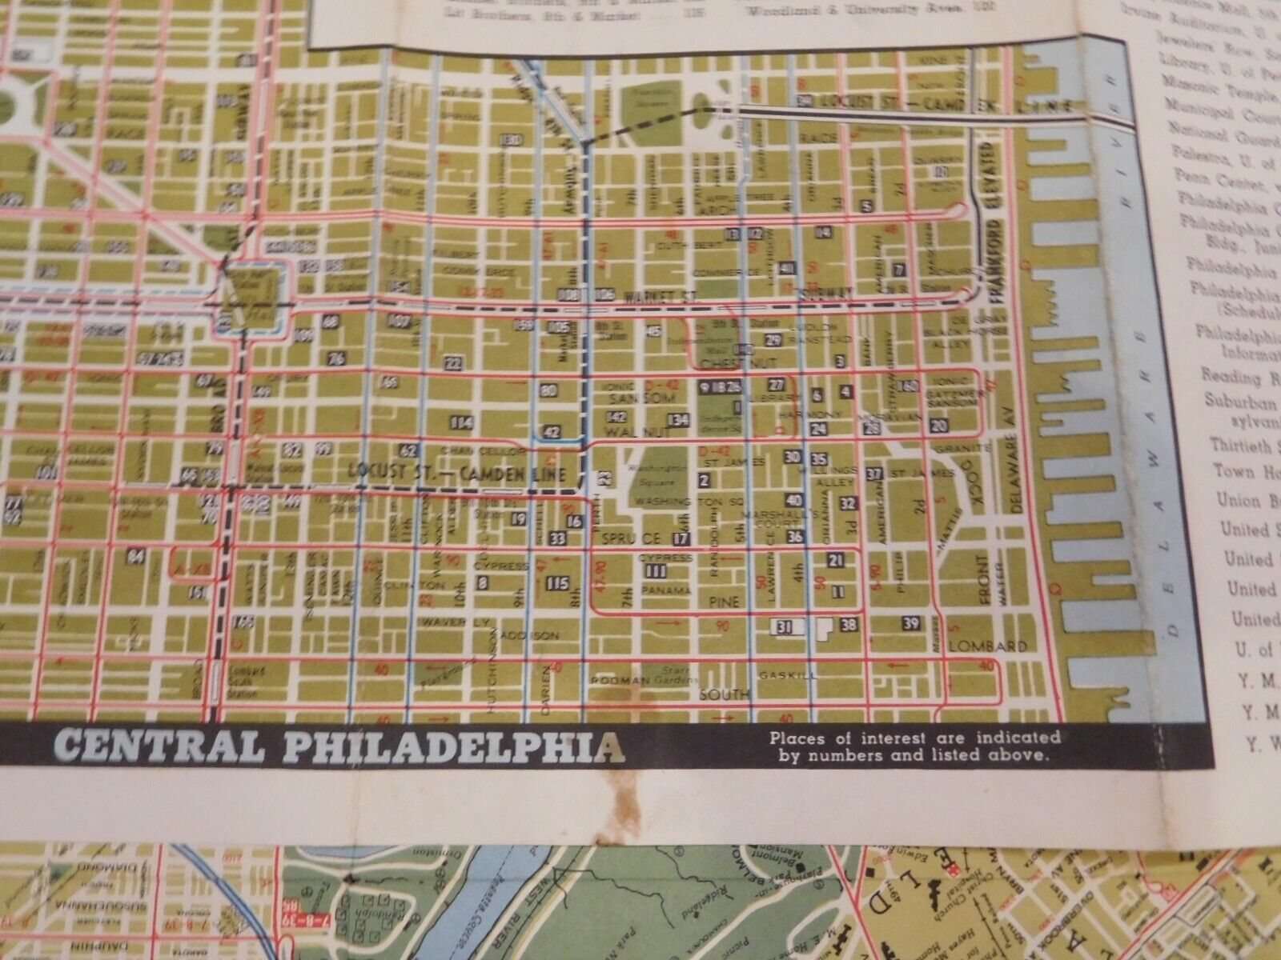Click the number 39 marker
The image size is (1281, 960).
[x=910, y=623]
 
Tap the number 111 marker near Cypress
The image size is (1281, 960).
[x=656, y=570]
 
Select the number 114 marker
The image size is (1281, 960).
[x=461, y=422]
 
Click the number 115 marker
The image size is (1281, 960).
[x=556, y=583]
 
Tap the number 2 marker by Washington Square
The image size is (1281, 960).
[x=705, y=480]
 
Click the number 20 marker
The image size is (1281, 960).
[x=938, y=426]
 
